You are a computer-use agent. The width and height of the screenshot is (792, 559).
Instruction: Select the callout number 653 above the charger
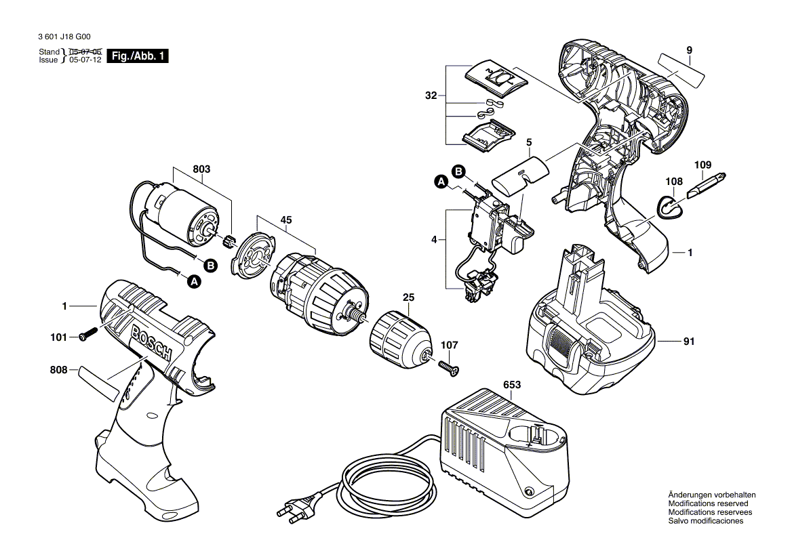click(512, 385)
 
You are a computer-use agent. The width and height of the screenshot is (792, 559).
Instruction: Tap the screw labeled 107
click(448, 367)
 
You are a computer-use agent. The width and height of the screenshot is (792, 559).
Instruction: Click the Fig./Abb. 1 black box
click(138, 56)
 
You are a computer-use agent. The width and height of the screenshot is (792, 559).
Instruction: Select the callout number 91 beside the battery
click(689, 342)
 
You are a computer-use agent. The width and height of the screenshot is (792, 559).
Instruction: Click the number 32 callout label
click(431, 96)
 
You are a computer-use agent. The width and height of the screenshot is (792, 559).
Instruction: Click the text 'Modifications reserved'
click(708, 503)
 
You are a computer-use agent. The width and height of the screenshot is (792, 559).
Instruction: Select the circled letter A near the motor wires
click(195, 281)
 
